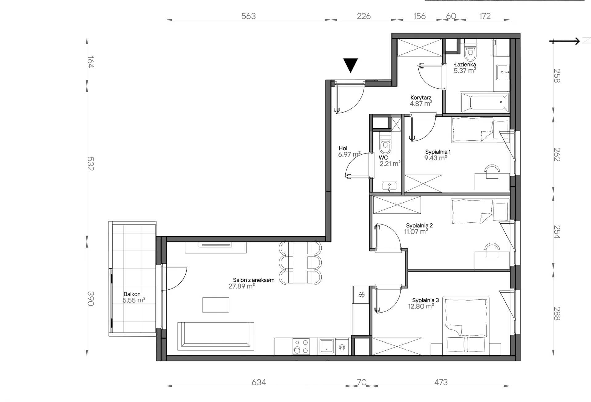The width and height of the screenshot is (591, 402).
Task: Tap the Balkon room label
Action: coord(132,294)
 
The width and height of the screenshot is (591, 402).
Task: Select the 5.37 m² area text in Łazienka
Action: coord(465,70)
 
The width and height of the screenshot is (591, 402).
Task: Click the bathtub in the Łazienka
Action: coord(484,102)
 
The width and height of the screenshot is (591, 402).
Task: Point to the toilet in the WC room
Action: coord(385,144)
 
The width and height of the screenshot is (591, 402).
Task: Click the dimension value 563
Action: coord(248,16)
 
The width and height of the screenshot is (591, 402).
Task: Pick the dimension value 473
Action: coord(441,382)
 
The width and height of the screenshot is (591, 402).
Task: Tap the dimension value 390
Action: coord(90,298)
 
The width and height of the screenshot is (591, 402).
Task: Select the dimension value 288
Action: coord(557,314)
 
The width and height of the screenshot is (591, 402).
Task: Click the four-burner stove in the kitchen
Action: coord(301,346)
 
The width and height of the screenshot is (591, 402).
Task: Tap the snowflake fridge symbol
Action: coord(361,295)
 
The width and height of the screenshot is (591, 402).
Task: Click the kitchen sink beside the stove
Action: coord(326,346)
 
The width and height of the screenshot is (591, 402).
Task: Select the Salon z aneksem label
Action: coord(254,280)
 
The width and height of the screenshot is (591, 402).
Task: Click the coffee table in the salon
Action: coord(215,305)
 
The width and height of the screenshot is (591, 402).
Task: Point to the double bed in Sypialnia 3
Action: coord(466,326)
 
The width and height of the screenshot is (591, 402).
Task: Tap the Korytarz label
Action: coord(421,98)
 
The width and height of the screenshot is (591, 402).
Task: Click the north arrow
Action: coord(565,41)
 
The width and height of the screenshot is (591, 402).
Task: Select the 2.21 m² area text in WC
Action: coord(390,164)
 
